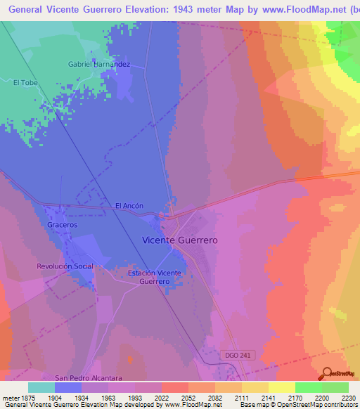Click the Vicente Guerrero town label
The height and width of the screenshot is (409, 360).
click(x=180, y=240)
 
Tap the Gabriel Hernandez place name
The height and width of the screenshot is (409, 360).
click(x=99, y=64)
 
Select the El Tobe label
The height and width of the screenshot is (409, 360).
click(x=25, y=83)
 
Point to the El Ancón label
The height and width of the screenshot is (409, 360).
click(x=129, y=206)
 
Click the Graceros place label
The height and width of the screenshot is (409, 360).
click(x=62, y=225)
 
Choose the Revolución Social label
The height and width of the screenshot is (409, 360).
click(x=65, y=266)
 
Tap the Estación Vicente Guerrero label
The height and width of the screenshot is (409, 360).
click(x=155, y=277)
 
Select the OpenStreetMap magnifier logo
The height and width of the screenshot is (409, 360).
click(x=328, y=372)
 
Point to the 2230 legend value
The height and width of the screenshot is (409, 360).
click(x=348, y=396)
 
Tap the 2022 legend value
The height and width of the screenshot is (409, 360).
click(x=162, y=396)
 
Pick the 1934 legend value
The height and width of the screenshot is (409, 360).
click(x=82, y=396)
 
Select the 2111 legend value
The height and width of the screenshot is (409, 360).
click(x=241, y=396)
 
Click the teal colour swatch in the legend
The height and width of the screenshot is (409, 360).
click(x=41, y=387)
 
